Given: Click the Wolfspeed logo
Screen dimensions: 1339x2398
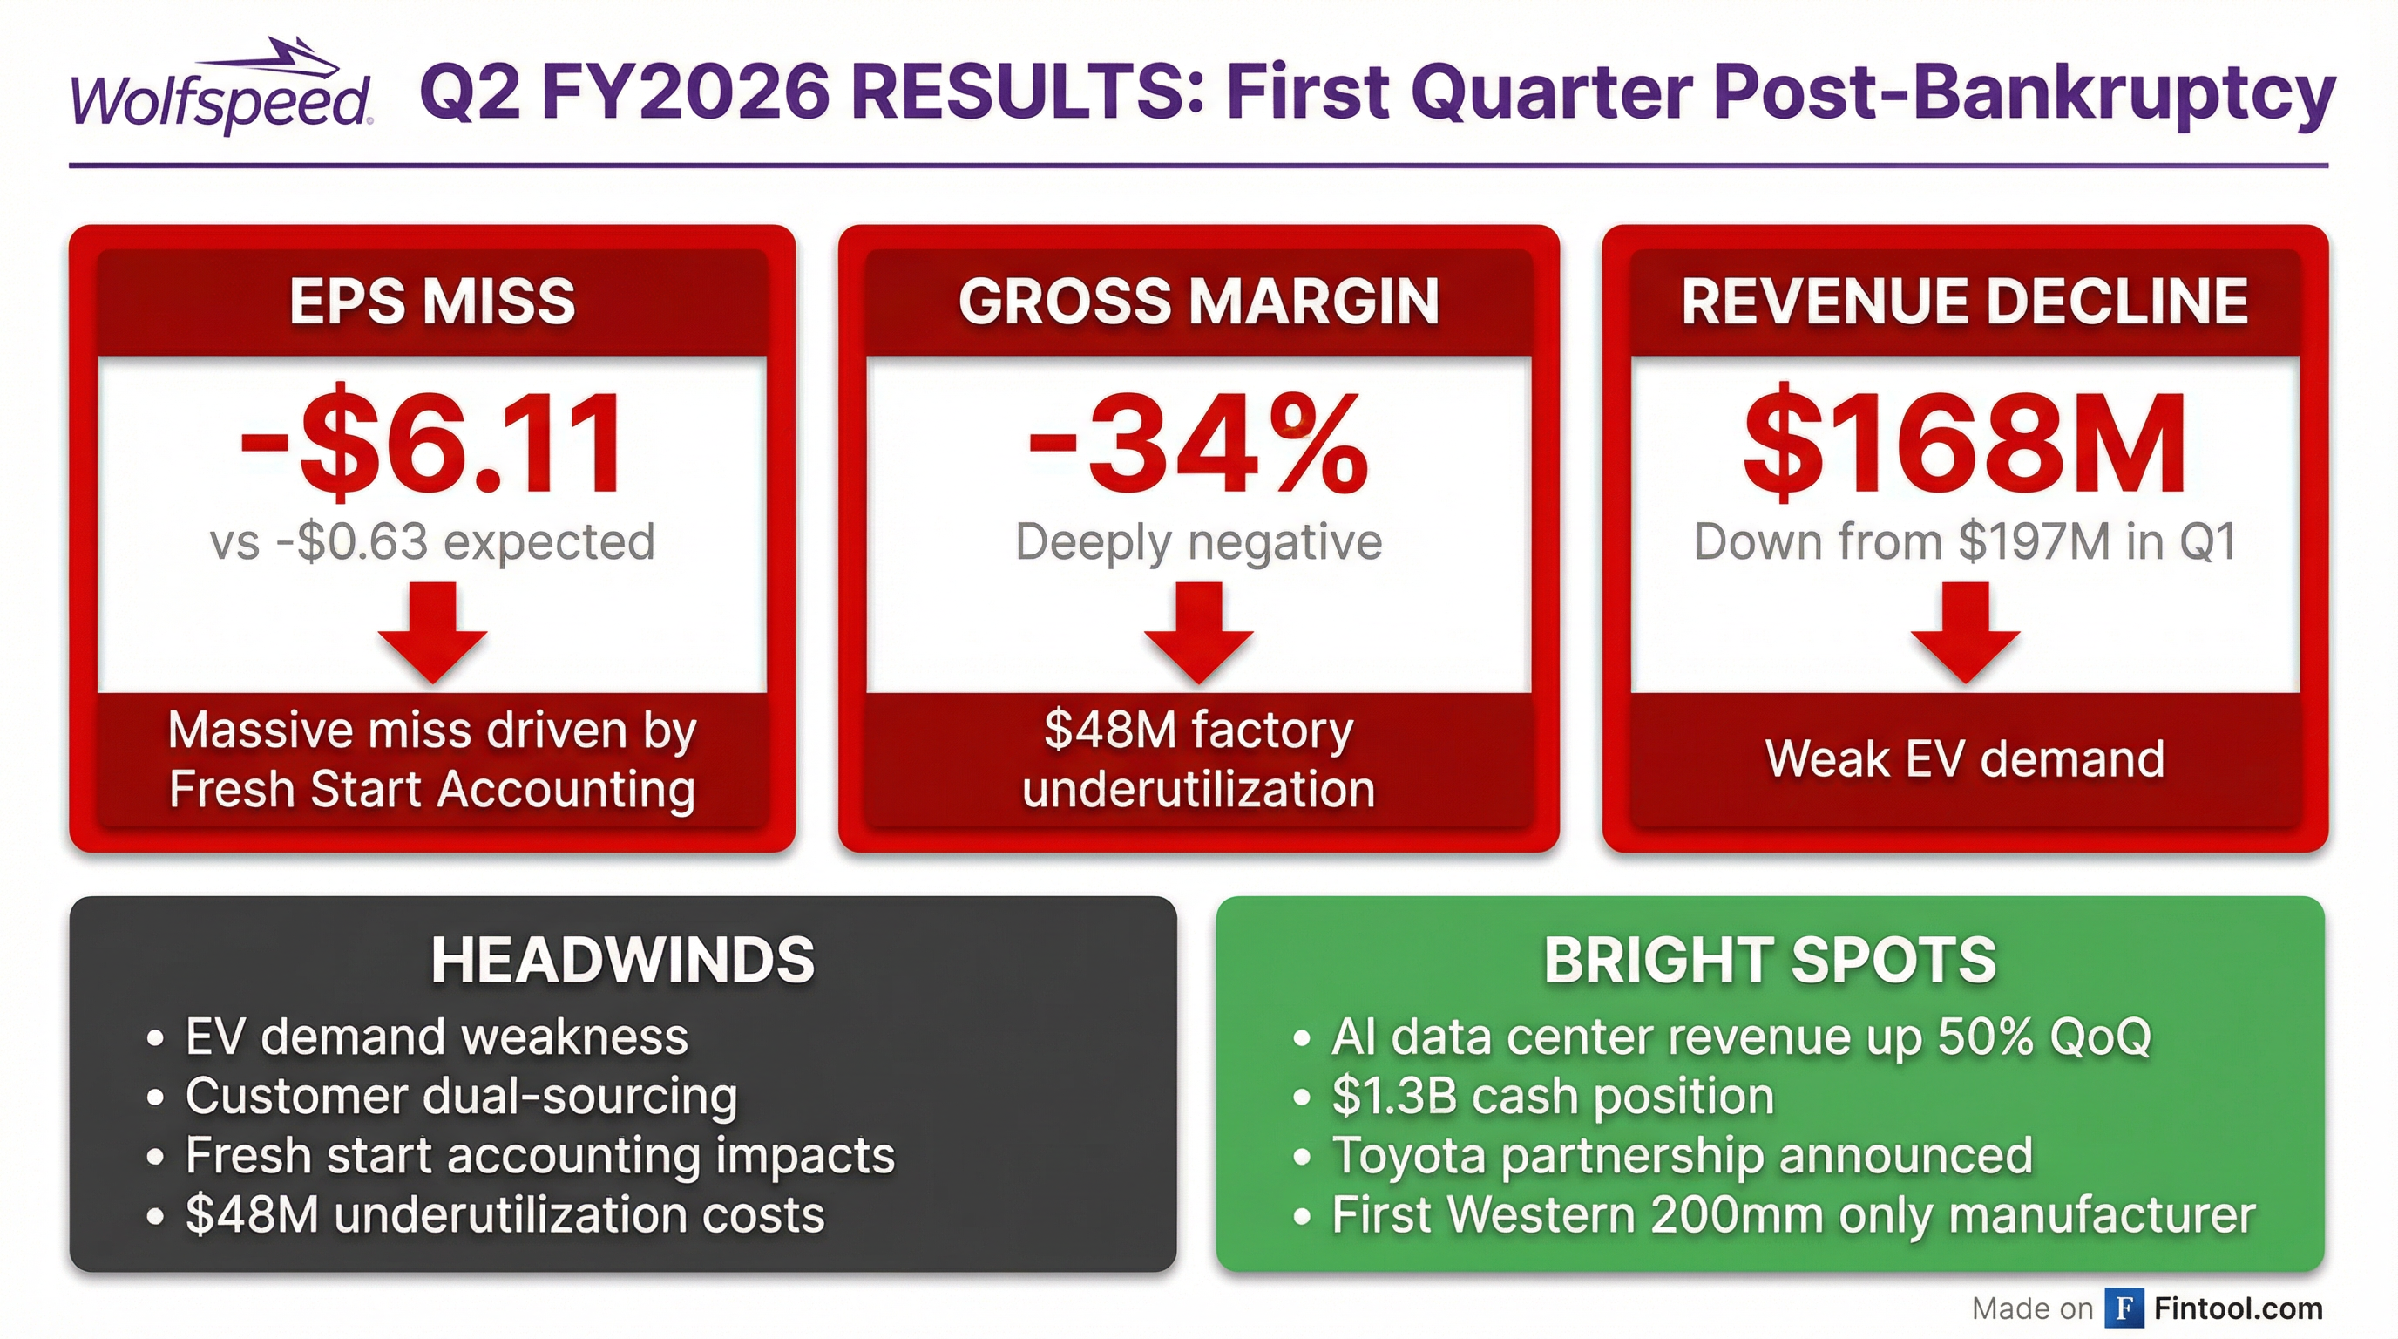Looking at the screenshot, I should click(221, 88).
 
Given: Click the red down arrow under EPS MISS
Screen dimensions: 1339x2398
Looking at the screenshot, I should click(432, 631).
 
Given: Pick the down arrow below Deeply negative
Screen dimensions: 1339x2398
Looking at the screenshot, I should click(1198, 631).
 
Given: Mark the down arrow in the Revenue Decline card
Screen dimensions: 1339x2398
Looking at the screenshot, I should click(1964, 631).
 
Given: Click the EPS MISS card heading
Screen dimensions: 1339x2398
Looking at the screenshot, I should click(432, 302).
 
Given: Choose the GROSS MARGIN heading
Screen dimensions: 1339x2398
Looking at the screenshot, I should click(1198, 302).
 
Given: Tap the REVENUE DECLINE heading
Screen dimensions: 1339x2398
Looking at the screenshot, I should click(1964, 302).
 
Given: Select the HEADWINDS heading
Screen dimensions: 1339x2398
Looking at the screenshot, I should click(623, 960).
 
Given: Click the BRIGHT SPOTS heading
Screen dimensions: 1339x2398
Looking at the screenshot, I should click(1770, 960).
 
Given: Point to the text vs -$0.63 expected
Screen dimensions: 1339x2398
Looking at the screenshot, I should click(432, 542).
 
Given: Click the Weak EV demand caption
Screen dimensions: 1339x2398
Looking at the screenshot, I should click(1964, 759).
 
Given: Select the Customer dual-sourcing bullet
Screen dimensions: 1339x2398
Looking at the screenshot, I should click(461, 1096).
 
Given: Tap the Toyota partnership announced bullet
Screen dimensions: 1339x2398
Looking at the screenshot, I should click(1681, 1156).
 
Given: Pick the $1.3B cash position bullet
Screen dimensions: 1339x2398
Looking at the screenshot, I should click(1553, 1096).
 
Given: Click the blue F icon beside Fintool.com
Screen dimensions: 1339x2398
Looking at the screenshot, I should click(2124, 1308).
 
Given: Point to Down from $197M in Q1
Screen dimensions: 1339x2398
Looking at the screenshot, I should click(1964, 542).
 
